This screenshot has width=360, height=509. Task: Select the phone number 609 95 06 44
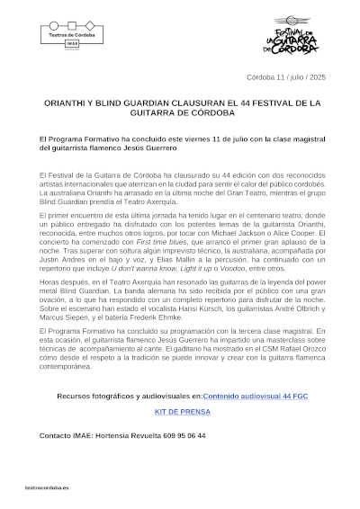(x=186, y=435)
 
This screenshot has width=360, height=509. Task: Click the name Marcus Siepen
(x=62, y=317)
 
